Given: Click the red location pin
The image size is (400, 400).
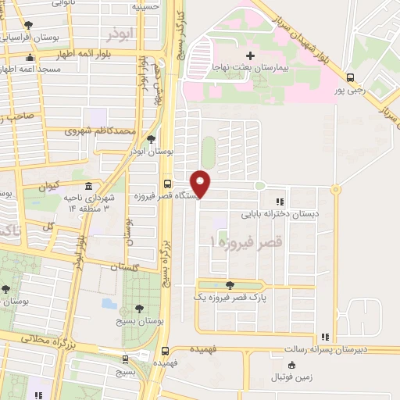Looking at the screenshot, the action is (x=201, y=183).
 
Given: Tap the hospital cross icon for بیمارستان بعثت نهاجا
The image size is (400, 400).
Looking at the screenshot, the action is (x=250, y=55).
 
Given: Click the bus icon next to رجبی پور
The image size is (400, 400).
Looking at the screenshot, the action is (x=350, y=77).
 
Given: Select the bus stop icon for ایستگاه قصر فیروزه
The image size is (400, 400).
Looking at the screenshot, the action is (x=167, y=184).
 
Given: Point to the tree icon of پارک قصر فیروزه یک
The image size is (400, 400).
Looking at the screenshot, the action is (x=229, y=285).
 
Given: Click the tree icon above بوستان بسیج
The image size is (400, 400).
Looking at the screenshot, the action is (x=139, y=309).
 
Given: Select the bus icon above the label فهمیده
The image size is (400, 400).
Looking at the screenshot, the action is (x=165, y=351).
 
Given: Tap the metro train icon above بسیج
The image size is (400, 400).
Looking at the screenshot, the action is (x=125, y=360).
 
